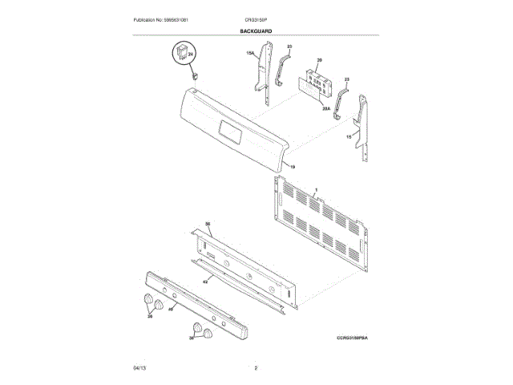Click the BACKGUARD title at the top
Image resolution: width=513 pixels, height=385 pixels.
click(x=256, y=31)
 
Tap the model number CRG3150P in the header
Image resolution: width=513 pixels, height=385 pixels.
click(x=256, y=18)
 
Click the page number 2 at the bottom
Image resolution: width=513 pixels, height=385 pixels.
click(x=256, y=367)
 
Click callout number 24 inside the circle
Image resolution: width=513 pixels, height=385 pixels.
click(x=191, y=53)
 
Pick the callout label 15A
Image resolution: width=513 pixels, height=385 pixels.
click(x=250, y=53)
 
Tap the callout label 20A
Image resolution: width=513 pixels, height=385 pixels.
click(x=326, y=107)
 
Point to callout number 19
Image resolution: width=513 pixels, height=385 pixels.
click(x=293, y=166)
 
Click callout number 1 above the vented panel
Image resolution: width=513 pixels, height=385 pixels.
click(x=317, y=189)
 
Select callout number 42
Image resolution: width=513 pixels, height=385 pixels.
click(x=205, y=281)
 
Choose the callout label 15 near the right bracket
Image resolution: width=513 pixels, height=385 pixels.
click(x=349, y=138)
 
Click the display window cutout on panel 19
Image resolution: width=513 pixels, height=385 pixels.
click(x=228, y=130)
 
